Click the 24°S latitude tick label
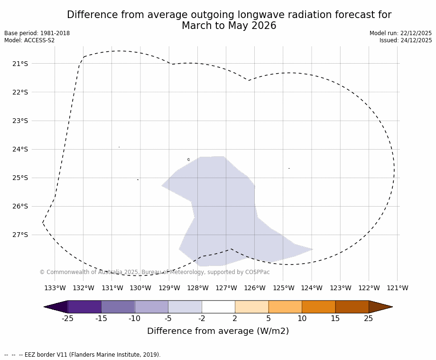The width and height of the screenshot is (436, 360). (20, 149)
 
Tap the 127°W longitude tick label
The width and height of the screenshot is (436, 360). (226, 288)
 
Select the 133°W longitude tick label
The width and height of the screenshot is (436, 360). (55, 288)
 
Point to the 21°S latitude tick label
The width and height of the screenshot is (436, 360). (20, 64)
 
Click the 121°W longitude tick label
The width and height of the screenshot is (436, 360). (398, 288)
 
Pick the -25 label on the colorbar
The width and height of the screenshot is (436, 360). (67, 319)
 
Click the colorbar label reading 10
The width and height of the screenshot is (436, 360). (302, 319)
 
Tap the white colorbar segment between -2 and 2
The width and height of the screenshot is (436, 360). (218, 307)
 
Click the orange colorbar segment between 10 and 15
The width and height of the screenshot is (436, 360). (318, 307)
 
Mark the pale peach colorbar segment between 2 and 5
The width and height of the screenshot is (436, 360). (251, 307)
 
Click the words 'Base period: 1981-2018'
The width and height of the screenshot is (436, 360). (37, 33)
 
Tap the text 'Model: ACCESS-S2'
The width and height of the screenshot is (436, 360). (29, 40)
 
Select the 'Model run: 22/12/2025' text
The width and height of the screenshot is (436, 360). (400, 33)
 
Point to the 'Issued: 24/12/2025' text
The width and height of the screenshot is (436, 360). (406, 40)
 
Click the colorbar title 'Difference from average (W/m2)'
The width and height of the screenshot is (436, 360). (218, 331)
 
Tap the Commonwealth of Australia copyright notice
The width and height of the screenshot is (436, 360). (155, 272)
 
